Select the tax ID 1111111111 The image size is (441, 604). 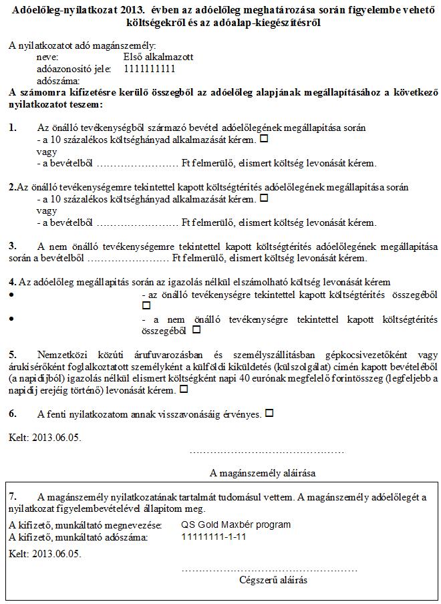point(149,68)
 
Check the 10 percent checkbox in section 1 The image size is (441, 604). point(263,139)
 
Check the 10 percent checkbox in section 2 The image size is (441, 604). point(263,198)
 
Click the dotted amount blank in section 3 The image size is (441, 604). point(128,258)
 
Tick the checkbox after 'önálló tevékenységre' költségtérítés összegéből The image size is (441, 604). point(146,305)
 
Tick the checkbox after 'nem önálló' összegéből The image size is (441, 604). point(196,329)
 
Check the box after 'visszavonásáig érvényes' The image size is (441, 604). point(269,413)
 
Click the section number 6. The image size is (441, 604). point(13,414)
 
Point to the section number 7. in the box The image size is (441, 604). point(13,497)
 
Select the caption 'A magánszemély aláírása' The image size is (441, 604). point(263,473)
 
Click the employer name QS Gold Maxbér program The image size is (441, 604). point(236,524)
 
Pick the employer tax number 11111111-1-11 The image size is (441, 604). point(214,537)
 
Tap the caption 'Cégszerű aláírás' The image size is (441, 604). point(273,580)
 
